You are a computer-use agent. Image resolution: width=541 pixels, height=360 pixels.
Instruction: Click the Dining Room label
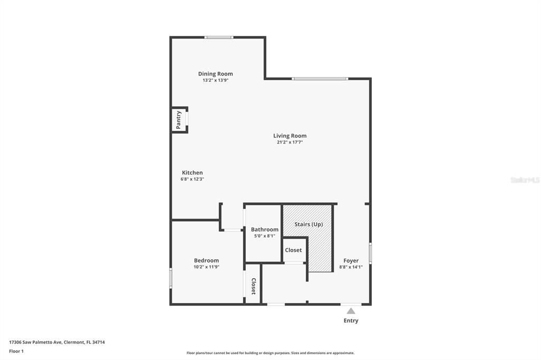[x=216, y=74]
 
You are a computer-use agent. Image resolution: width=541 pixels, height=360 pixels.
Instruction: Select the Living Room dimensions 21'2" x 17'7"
[x=290, y=142]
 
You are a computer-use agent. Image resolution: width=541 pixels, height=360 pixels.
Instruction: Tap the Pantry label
[x=179, y=120]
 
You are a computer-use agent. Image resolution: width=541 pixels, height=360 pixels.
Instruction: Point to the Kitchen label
[x=192, y=173]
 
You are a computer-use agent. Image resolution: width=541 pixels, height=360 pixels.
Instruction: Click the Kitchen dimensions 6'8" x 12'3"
[x=192, y=179]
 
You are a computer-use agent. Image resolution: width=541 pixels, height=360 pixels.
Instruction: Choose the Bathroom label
[x=265, y=230]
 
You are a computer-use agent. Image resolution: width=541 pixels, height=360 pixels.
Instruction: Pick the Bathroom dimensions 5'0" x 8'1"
[x=265, y=236]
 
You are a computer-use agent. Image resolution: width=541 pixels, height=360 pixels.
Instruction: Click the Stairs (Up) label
[x=309, y=224]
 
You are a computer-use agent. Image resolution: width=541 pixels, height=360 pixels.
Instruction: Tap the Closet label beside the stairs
[x=293, y=250]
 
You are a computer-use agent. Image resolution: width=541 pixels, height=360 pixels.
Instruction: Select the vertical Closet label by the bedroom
[x=253, y=286]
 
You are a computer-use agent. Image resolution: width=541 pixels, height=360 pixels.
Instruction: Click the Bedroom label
[x=207, y=261]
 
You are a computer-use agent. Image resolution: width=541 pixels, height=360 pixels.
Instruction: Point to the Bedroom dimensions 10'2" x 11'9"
[x=207, y=267]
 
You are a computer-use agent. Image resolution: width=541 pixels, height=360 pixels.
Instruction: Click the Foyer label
[x=351, y=261]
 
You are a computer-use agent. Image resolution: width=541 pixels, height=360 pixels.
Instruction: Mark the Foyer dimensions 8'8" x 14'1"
[x=351, y=267]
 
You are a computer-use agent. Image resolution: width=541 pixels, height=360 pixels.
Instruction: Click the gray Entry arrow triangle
[x=351, y=311]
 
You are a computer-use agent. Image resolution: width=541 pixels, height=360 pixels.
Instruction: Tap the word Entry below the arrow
[x=351, y=321]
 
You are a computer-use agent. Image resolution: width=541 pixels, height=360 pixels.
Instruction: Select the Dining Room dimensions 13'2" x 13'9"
[x=216, y=80]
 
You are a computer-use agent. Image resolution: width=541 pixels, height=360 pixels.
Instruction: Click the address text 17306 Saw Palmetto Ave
[x=35, y=343]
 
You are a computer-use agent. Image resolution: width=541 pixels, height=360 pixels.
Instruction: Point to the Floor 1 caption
[x=16, y=352]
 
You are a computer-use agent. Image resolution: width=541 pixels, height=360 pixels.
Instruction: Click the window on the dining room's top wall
[x=219, y=37]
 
